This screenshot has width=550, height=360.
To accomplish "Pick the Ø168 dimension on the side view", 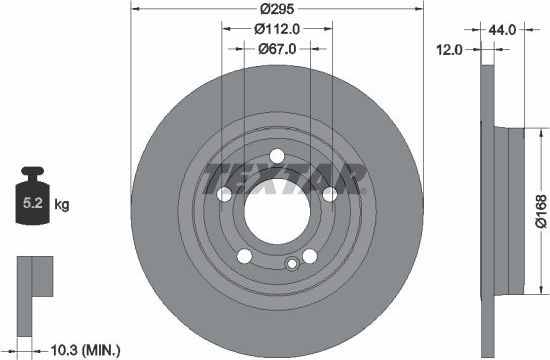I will (x=540, y=209).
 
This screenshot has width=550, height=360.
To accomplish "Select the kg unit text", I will (x=62, y=205).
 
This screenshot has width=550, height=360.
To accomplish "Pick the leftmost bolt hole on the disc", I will (x=213, y=192).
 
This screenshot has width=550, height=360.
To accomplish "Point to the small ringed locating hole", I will (x=291, y=264).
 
